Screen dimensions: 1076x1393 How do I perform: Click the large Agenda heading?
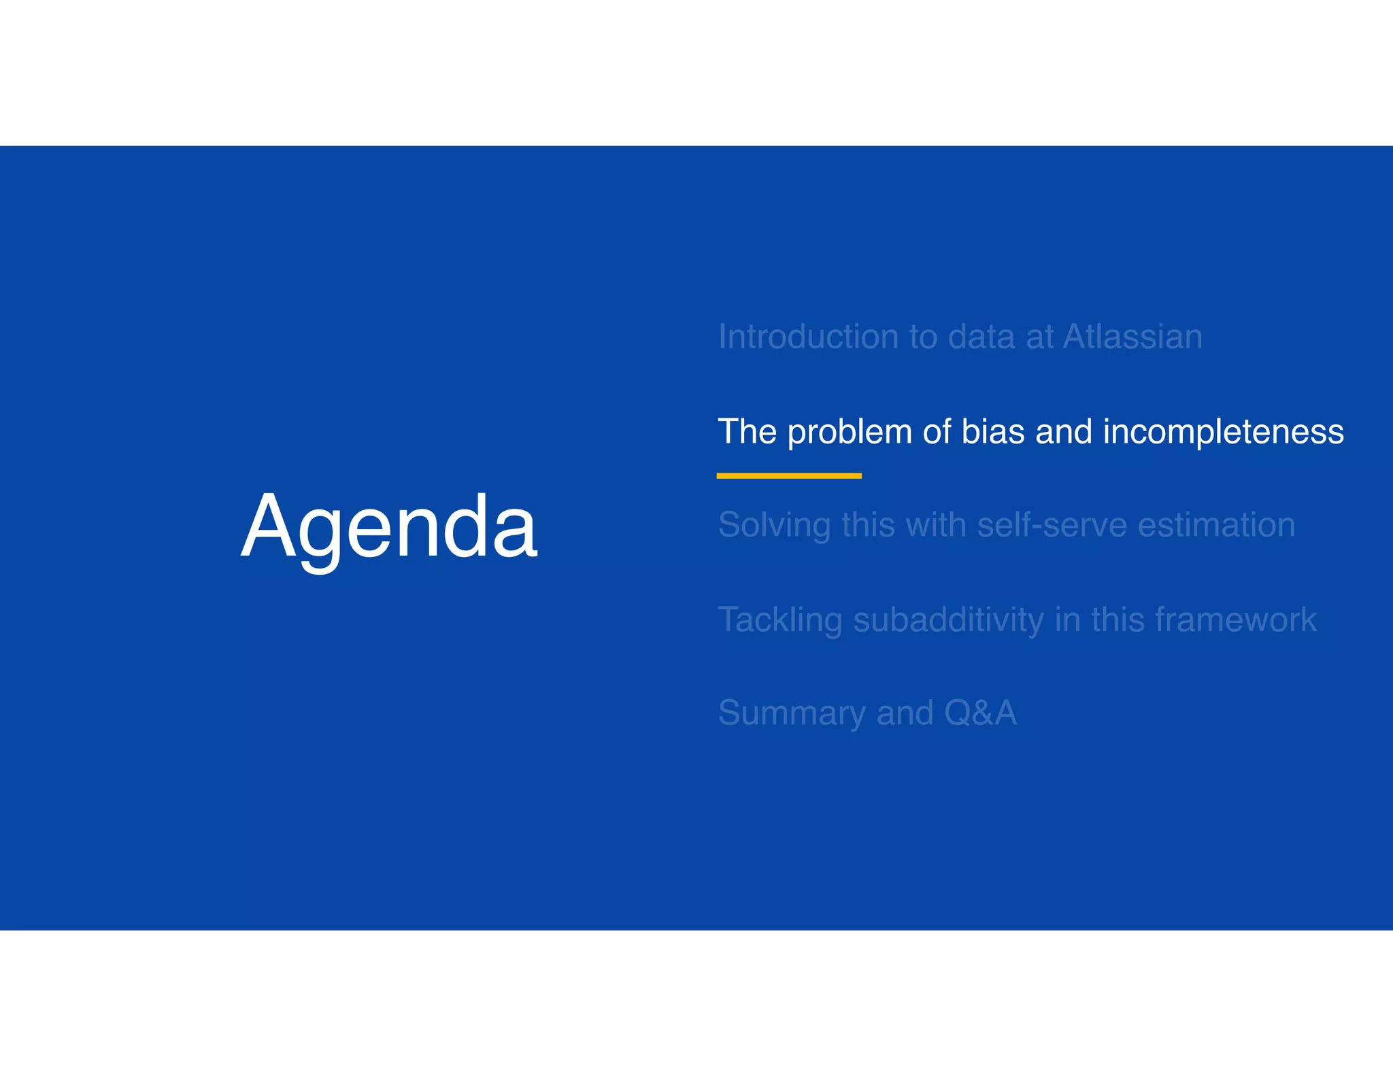pyautogui.click(x=389, y=527)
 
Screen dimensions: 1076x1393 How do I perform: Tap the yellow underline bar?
pyautogui.click(x=789, y=476)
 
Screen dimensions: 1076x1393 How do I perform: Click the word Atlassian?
pyautogui.click(x=1132, y=337)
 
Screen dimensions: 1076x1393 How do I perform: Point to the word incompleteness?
pyautogui.click(x=1223, y=433)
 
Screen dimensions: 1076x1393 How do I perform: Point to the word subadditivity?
pyautogui.click(x=948, y=620)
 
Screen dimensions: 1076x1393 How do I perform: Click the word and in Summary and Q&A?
pyautogui.click(x=905, y=713)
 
